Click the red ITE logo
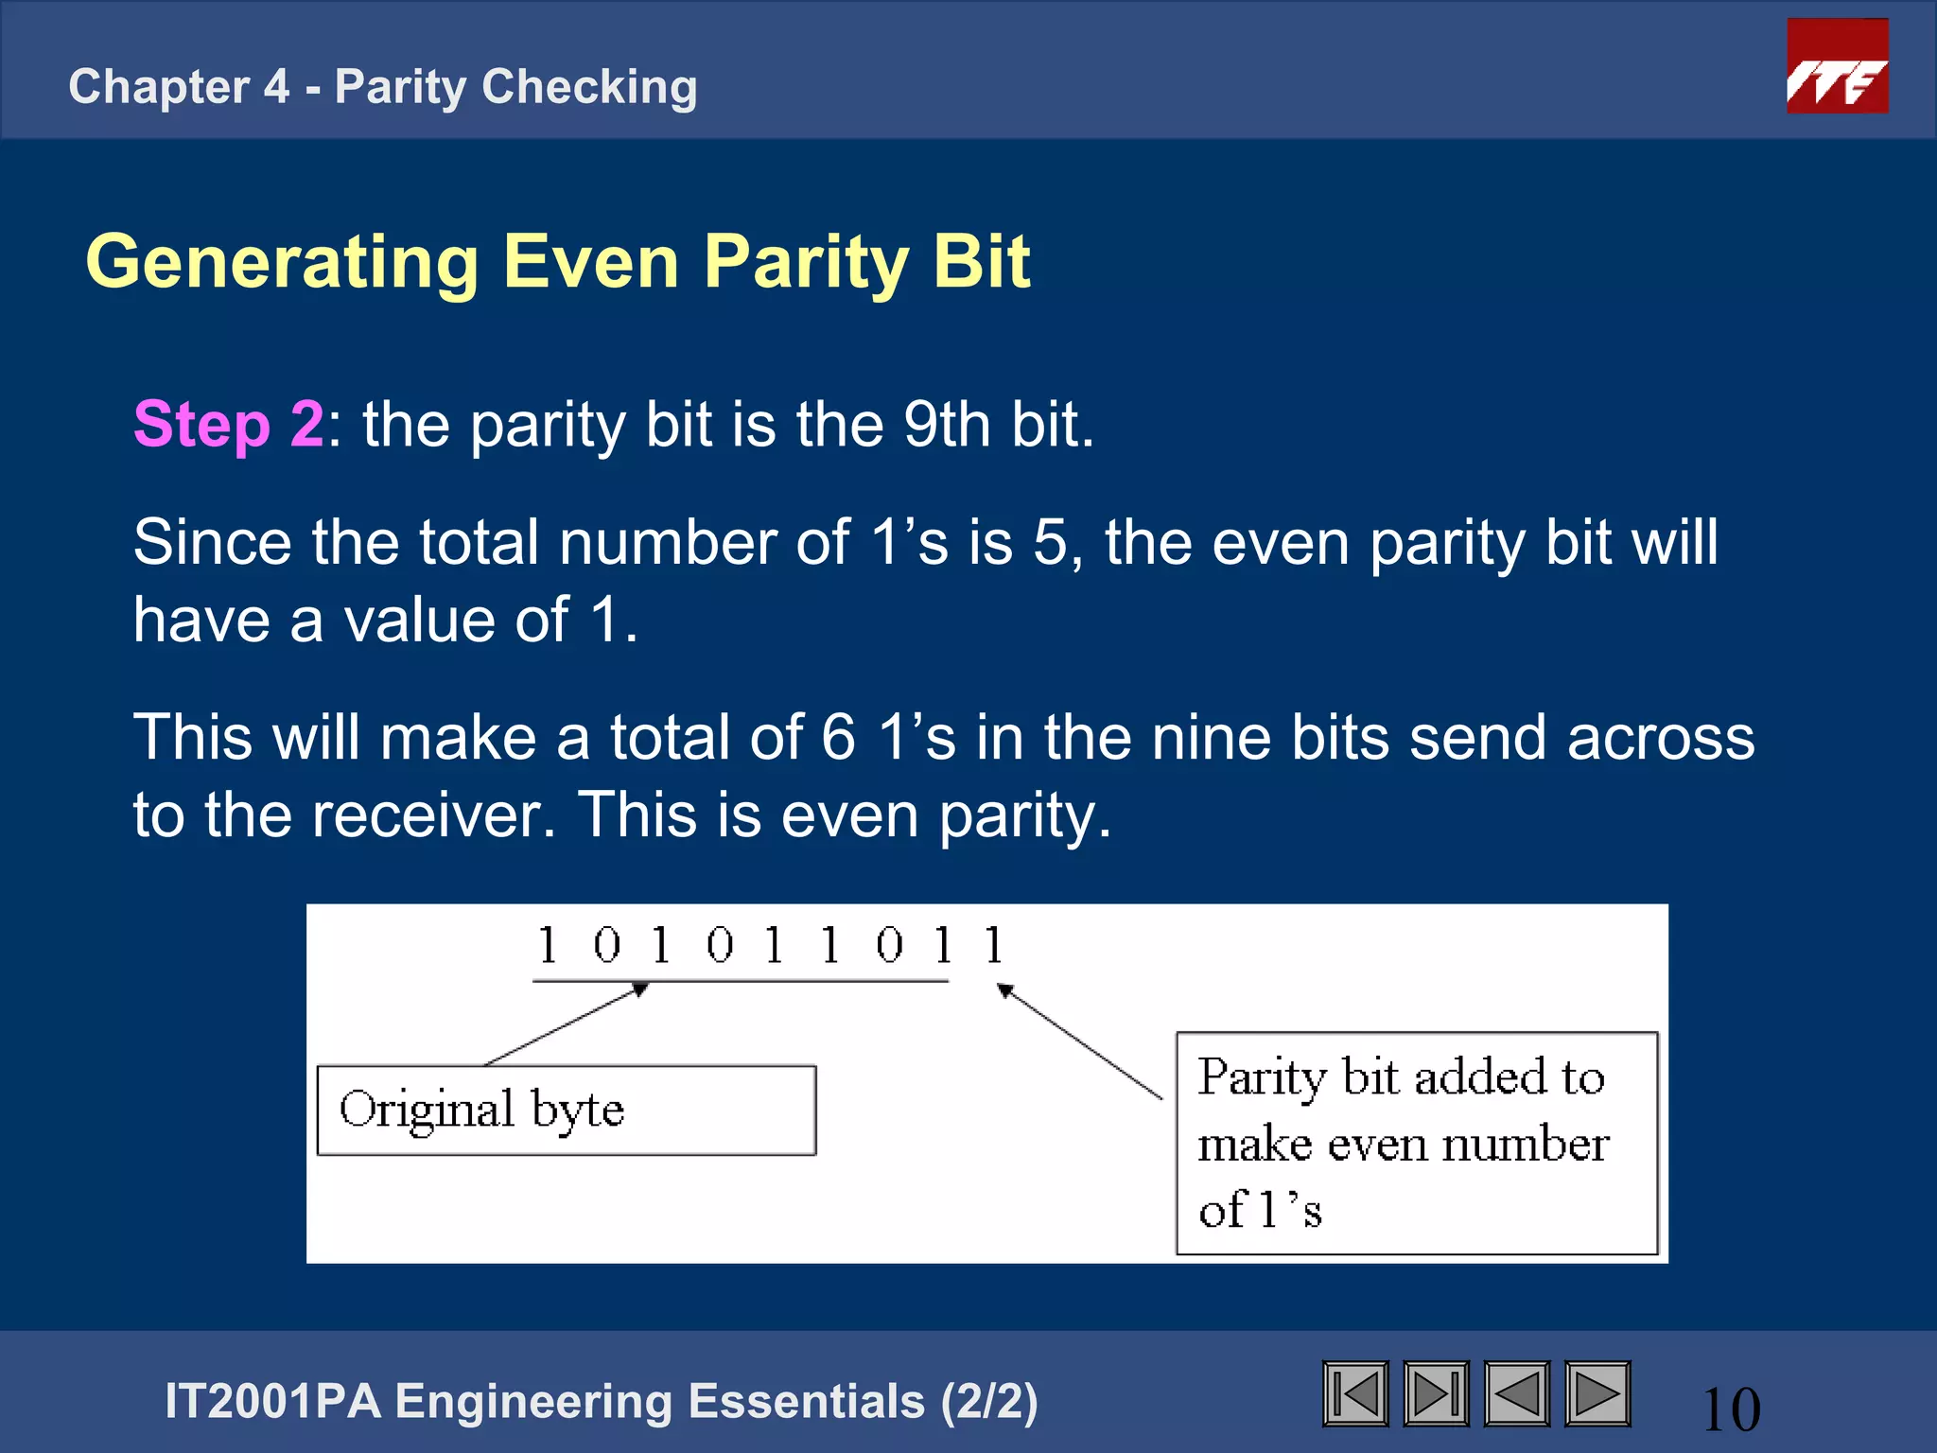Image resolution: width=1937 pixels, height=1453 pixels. (1837, 66)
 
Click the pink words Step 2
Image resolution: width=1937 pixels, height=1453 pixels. (228, 424)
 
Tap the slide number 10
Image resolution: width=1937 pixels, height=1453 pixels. (1731, 1409)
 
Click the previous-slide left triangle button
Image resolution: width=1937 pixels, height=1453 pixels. (1516, 1393)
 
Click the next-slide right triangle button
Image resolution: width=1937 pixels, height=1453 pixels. (1597, 1393)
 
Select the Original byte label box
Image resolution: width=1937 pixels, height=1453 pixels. (566, 1110)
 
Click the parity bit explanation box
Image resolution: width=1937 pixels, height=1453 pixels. (1416, 1143)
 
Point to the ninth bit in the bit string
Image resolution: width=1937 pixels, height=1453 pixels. (993, 945)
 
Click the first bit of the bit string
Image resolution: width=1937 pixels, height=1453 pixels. (548, 945)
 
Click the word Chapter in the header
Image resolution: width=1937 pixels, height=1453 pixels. (159, 87)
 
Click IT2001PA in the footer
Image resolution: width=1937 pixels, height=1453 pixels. (272, 1401)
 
